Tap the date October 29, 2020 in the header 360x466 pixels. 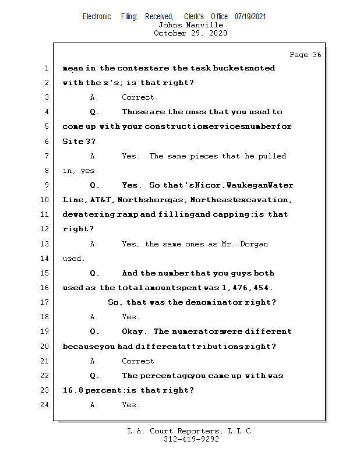point(190,33)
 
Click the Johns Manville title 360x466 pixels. point(190,25)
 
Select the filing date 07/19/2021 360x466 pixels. point(250,17)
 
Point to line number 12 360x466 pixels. point(45,229)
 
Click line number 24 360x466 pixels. point(45,405)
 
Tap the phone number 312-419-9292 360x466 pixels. point(191,439)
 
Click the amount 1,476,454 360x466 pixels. point(248,288)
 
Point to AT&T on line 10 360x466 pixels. point(101,200)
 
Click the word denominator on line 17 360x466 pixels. point(213,302)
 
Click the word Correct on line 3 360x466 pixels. point(140,97)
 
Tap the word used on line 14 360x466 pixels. point(73,258)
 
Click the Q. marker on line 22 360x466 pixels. point(95,376)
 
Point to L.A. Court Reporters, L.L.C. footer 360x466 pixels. point(191,431)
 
